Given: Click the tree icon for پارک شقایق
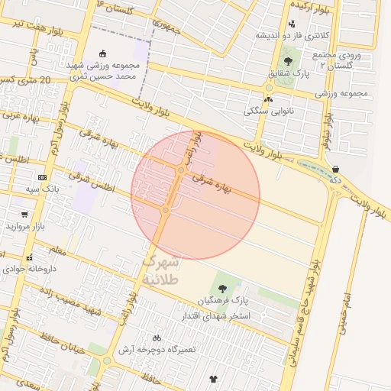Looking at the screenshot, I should click(288, 61).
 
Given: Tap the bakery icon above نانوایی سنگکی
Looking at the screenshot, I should click(267, 99).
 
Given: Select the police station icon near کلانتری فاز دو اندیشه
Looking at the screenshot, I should click(292, 24).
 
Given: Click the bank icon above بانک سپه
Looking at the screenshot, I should click(42, 177).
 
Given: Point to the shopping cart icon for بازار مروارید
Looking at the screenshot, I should click(24, 215).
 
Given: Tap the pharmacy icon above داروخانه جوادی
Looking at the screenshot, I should click(29, 258).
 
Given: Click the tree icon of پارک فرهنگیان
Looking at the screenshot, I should click(222, 289).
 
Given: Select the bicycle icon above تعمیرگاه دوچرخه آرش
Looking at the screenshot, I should click(157, 338).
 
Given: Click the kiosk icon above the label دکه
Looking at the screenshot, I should click(335, 170).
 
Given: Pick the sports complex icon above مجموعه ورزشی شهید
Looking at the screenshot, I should click(103, 53).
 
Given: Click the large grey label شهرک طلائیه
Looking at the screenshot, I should click(160, 270).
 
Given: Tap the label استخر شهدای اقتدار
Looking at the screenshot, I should click(221, 314).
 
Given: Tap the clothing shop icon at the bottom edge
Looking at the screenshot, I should click(212, 378).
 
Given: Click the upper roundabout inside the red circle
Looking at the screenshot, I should click(180, 170).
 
